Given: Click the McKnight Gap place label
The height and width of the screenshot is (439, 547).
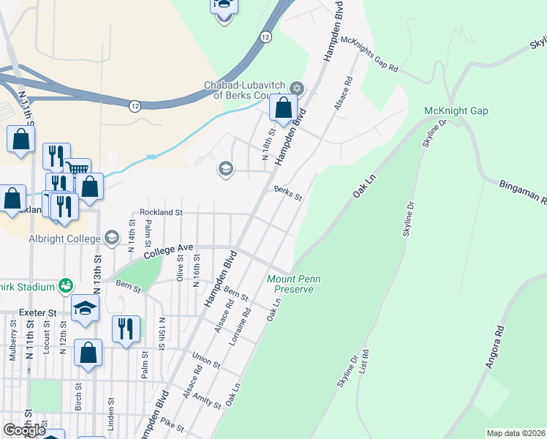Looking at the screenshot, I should tap(456, 111).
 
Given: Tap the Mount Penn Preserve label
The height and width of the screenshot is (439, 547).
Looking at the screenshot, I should tap(290, 284).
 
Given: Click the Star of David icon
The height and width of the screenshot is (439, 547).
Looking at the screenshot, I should tap(296, 88).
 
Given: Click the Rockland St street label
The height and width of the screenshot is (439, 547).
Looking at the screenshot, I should tap(160, 211).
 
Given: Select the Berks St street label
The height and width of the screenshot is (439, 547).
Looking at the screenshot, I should tap(288, 193).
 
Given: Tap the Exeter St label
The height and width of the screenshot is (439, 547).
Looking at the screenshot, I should tap(37, 312).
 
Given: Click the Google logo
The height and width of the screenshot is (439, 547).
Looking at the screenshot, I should tap(24, 430).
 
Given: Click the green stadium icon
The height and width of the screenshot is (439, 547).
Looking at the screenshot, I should tap(66, 284).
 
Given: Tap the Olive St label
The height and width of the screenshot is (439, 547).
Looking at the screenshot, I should tap(181, 267).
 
